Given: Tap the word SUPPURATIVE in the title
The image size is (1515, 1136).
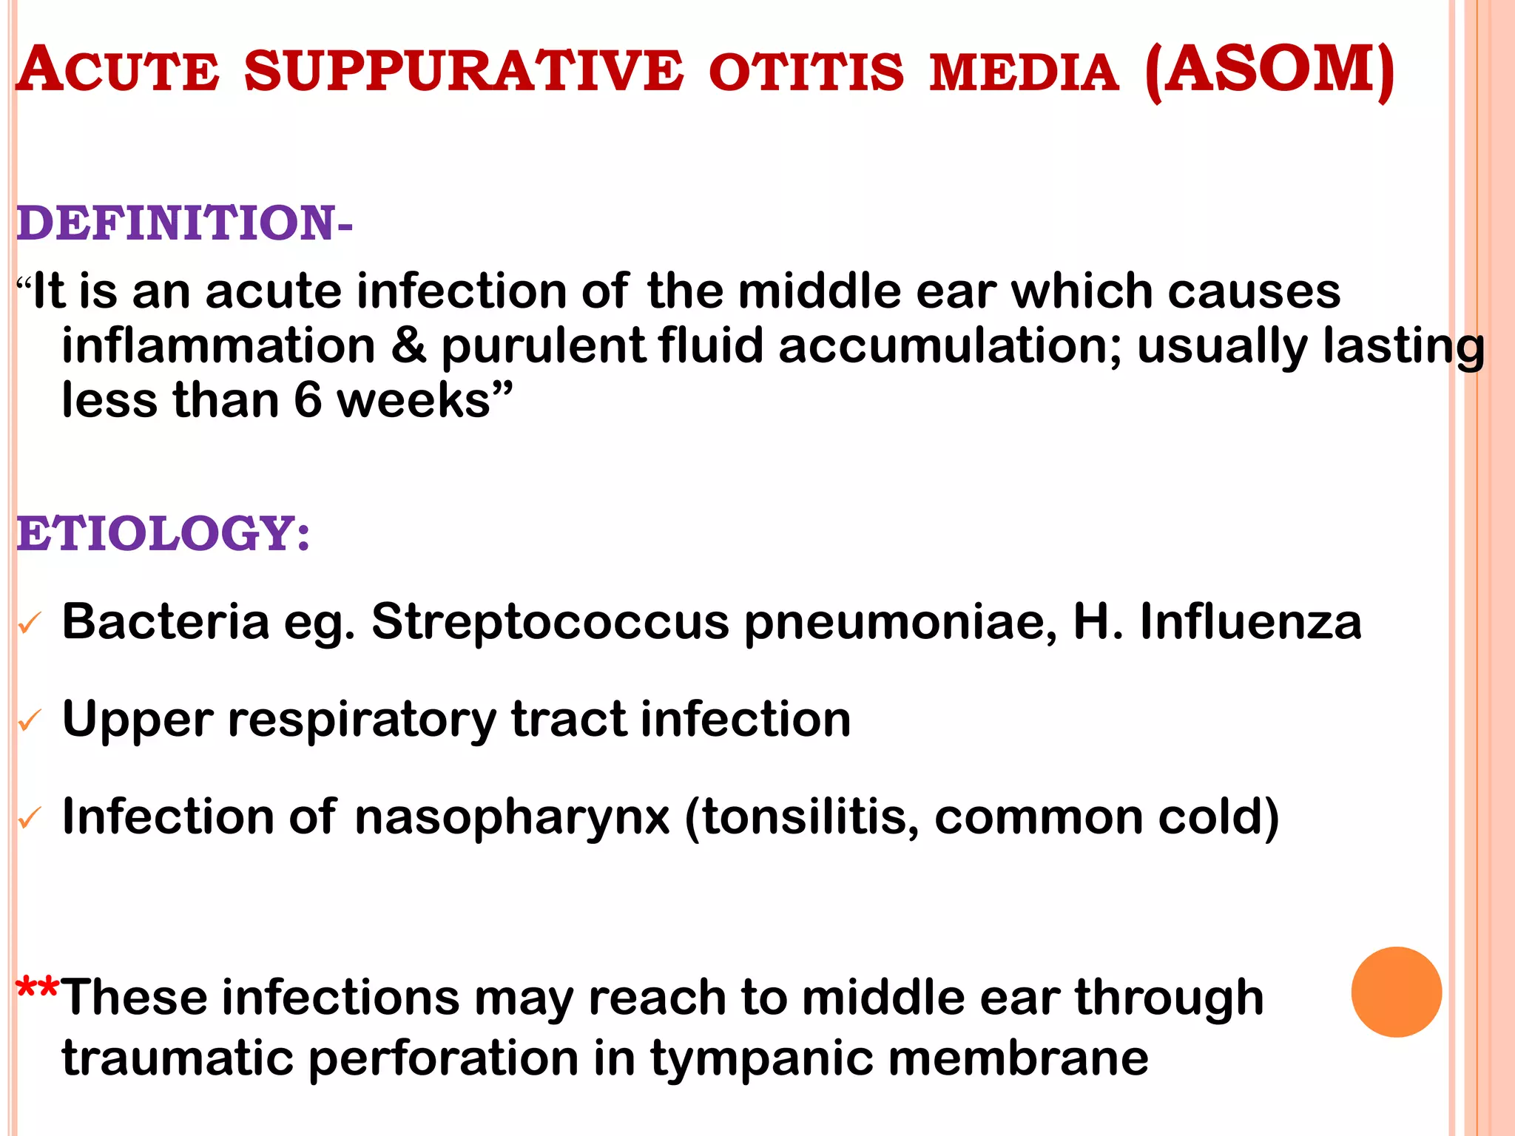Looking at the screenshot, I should coord(464,72).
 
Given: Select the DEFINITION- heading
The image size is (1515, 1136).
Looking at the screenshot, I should coord(184,223).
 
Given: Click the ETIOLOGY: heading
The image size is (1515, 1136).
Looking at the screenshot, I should coord(163,533).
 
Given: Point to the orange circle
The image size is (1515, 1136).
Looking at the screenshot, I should coord(1396,992).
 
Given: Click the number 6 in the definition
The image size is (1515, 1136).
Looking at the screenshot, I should coord(308,400).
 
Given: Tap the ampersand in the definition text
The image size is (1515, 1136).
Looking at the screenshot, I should coord(409,345).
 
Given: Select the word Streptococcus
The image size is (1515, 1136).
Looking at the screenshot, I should coord(550,621).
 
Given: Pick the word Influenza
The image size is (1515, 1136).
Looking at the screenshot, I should coord(1250,621).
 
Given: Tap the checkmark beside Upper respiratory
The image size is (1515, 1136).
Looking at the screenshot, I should coord(30,720).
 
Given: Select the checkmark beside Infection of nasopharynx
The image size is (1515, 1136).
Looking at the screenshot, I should coord(30,818).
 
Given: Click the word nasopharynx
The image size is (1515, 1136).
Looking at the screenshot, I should coord(512,818).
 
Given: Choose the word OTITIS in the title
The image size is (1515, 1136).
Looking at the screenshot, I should coord(806,72).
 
